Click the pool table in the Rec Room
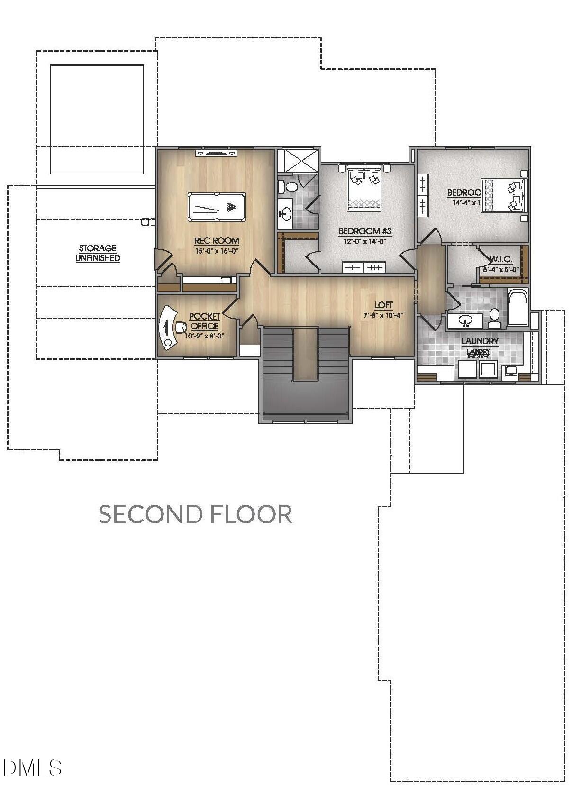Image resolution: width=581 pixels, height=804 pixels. pyautogui.click(x=217, y=207)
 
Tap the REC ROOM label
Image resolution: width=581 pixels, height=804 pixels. pyautogui.click(x=217, y=241)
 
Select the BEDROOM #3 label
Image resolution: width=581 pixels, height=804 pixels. pyautogui.click(x=365, y=231)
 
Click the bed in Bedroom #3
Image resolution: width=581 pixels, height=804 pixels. pyautogui.click(x=364, y=188)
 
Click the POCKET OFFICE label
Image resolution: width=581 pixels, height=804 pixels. pyautogui.click(x=205, y=321)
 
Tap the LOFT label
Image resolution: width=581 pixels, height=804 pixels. pyautogui.click(x=383, y=305)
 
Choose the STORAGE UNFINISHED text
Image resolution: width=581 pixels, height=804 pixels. pyautogui.click(x=98, y=253)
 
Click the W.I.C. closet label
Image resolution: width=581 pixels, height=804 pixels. pyautogui.click(x=501, y=260)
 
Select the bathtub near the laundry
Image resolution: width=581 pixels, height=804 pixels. pyautogui.click(x=517, y=308)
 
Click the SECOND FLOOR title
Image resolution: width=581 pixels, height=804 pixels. pyautogui.click(x=195, y=514)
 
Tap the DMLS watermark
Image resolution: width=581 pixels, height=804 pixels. pyautogui.click(x=32, y=767)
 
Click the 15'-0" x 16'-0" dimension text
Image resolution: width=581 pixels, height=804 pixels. pyautogui.click(x=216, y=251)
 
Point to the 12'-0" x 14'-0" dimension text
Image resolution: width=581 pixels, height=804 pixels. pyautogui.click(x=365, y=241)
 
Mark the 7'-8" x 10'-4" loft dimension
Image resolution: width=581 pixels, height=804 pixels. pyautogui.click(x=383, y=315)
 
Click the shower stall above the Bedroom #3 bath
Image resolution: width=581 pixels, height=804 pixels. pyautogui.click(x=298, y=161)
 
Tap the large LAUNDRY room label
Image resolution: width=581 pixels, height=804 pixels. pyautogui.click(x=480, y=341)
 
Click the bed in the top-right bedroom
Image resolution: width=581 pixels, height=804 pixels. pyautogui.click(x=504, y=195)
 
